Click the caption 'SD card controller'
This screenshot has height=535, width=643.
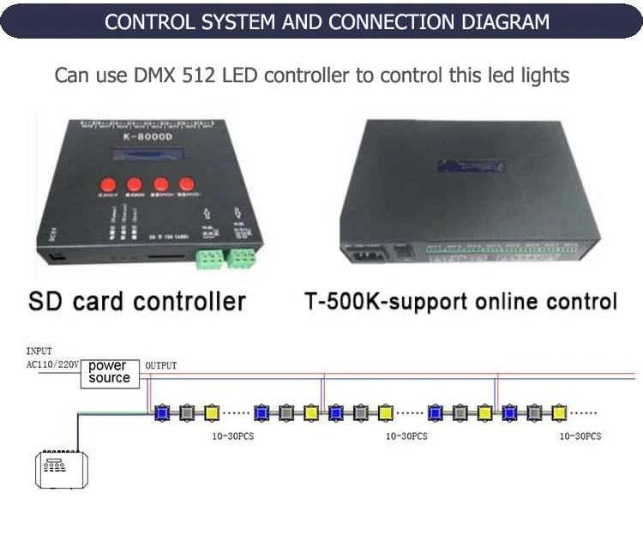click(x=137, y=301)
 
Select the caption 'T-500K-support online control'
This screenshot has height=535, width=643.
click(x=460, y=302)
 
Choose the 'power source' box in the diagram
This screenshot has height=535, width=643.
click(x=110, y=372)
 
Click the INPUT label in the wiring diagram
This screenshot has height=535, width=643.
click(x=39, y=352)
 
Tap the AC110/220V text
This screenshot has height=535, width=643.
click(x=52, y=364)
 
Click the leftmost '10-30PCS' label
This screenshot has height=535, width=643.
click(x=232, y=436)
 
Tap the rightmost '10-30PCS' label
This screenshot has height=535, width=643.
click(x=580, y=436)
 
